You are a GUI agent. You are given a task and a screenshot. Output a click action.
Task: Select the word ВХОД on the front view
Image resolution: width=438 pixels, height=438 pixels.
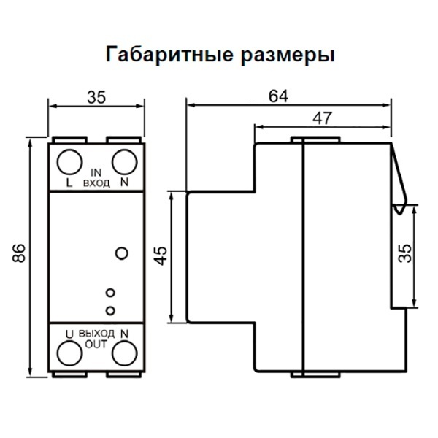coord(97,182)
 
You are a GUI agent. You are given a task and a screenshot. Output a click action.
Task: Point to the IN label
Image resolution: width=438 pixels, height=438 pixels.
coord(97,172)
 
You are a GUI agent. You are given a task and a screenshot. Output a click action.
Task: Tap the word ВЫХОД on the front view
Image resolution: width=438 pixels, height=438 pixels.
coord(97,333)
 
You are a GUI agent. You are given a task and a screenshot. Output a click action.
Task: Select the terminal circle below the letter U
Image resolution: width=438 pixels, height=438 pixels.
coord(69,354)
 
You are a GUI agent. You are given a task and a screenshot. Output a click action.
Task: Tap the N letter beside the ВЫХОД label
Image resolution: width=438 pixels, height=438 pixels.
coord(125,333)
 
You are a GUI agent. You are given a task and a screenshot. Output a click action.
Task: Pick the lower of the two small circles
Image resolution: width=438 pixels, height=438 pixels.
coord(110,310)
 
